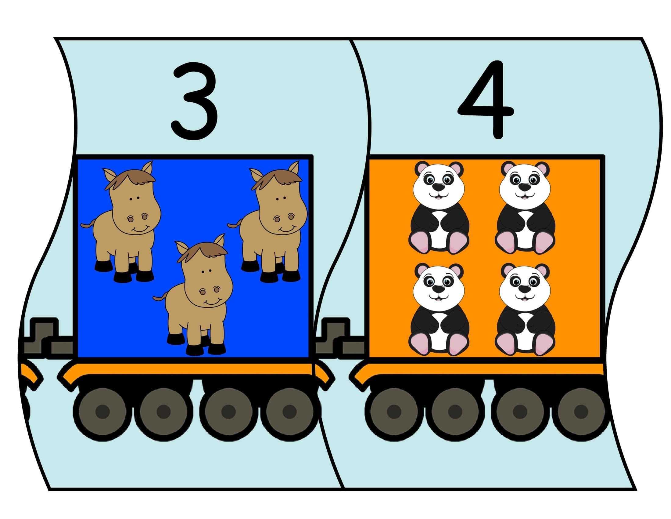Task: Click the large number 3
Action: [x=195, y=102]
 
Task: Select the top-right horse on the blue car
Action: [x=267, y=221]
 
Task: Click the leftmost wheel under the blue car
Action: [x=102, y=412]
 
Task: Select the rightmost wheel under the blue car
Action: [x=290, y=412]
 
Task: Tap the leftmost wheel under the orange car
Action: [x=394, y=412]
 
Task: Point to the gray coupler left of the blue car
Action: [x=46, y=338]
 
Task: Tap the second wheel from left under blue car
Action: [x=163, y=412]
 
